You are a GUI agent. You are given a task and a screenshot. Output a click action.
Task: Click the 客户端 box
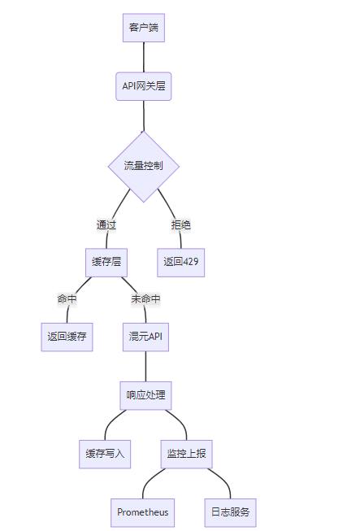point(144,28)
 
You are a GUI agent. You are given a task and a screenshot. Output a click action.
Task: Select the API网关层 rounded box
point(144,86)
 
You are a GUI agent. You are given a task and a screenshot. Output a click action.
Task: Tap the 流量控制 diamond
point(144,166)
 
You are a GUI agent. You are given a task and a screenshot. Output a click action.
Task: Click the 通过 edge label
point(106,225)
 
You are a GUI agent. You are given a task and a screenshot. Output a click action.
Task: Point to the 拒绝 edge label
point(180,225)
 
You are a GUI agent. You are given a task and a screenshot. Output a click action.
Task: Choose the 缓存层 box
point(106,263)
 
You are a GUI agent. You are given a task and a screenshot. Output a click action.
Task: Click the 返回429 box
point(180,263)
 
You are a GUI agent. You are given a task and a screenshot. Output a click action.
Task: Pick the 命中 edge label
point(67,299)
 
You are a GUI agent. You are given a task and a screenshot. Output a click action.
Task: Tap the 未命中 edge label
point(145,299)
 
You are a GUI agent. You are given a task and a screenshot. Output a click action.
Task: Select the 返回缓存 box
point(67,337)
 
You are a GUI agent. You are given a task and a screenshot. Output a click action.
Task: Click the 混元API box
point(145,337)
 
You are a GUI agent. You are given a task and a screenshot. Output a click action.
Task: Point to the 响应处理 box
point(145,395)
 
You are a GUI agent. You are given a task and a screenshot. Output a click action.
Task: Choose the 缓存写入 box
point(105,454)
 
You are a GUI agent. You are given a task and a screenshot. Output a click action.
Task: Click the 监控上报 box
point(186,454)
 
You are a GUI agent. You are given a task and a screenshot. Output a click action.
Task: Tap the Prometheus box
point(142,513)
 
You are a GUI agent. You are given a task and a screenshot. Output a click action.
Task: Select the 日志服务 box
point(231,513)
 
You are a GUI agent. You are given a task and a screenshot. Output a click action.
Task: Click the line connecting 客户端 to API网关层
point(144,57)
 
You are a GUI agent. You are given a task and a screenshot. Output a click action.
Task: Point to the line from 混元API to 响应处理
point(145,366)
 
